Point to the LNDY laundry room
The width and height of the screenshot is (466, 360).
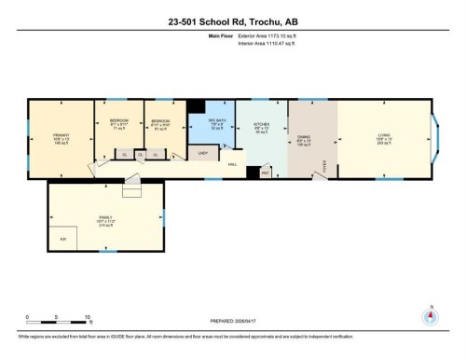(200, 152)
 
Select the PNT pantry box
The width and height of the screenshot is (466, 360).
(265, 172)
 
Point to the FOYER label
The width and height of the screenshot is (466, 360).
(324, 166)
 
